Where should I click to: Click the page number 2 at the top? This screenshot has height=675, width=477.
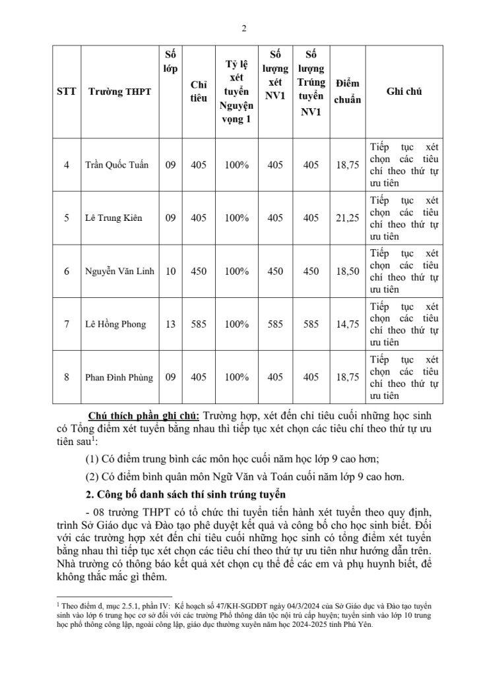pyautogui.click(x=243, y=28)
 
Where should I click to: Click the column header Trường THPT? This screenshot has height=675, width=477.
pyautogui.click(x=119, y=92)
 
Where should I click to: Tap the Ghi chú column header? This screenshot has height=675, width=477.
pyautogui.click(x=404, y=92)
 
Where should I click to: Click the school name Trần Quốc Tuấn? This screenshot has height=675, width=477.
pyautogui.click(x=119, y=164)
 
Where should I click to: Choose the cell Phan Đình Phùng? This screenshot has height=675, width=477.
pyautogui.click(x=119, y=378)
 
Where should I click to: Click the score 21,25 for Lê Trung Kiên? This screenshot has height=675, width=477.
pyautogui.click(x=347, y=218)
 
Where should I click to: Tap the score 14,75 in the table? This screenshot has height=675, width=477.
pyautogui.click(x=347, y=324)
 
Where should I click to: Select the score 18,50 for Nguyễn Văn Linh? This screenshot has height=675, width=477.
pyautogui.click(x=347, y=271)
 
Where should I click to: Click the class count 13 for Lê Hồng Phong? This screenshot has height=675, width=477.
pyautogui.click(x=171, y=324)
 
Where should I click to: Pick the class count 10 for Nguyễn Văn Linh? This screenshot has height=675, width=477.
pyautogui.click(x=171, y=271)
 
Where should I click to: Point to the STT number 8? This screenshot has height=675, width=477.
pyautogui.click(x=66, y=378)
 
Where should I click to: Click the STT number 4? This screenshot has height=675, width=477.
pyautogui.click(x=66, y=164)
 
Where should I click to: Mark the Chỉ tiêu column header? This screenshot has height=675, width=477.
pyautogui.click(x=199, y=92)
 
